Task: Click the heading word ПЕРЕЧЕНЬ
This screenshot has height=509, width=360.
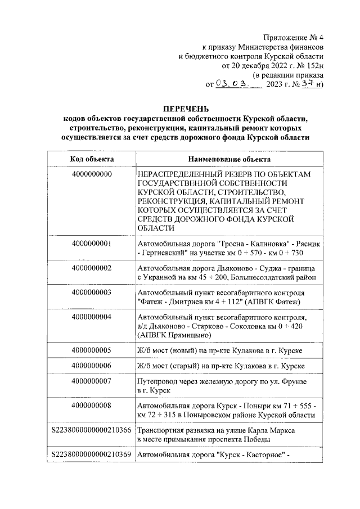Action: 186,108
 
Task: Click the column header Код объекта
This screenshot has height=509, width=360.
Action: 92,159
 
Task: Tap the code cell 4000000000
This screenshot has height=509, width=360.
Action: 92,175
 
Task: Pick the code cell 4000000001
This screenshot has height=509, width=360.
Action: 92,244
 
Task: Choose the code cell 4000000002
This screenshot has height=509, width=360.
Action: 92,268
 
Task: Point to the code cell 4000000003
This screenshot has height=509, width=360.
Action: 92,292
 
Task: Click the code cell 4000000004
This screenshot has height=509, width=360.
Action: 92,317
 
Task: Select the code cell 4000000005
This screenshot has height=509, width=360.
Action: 92,350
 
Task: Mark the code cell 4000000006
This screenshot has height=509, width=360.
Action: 92,366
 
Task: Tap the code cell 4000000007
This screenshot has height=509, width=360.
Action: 92,381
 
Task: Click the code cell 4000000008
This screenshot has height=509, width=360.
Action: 92,406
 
